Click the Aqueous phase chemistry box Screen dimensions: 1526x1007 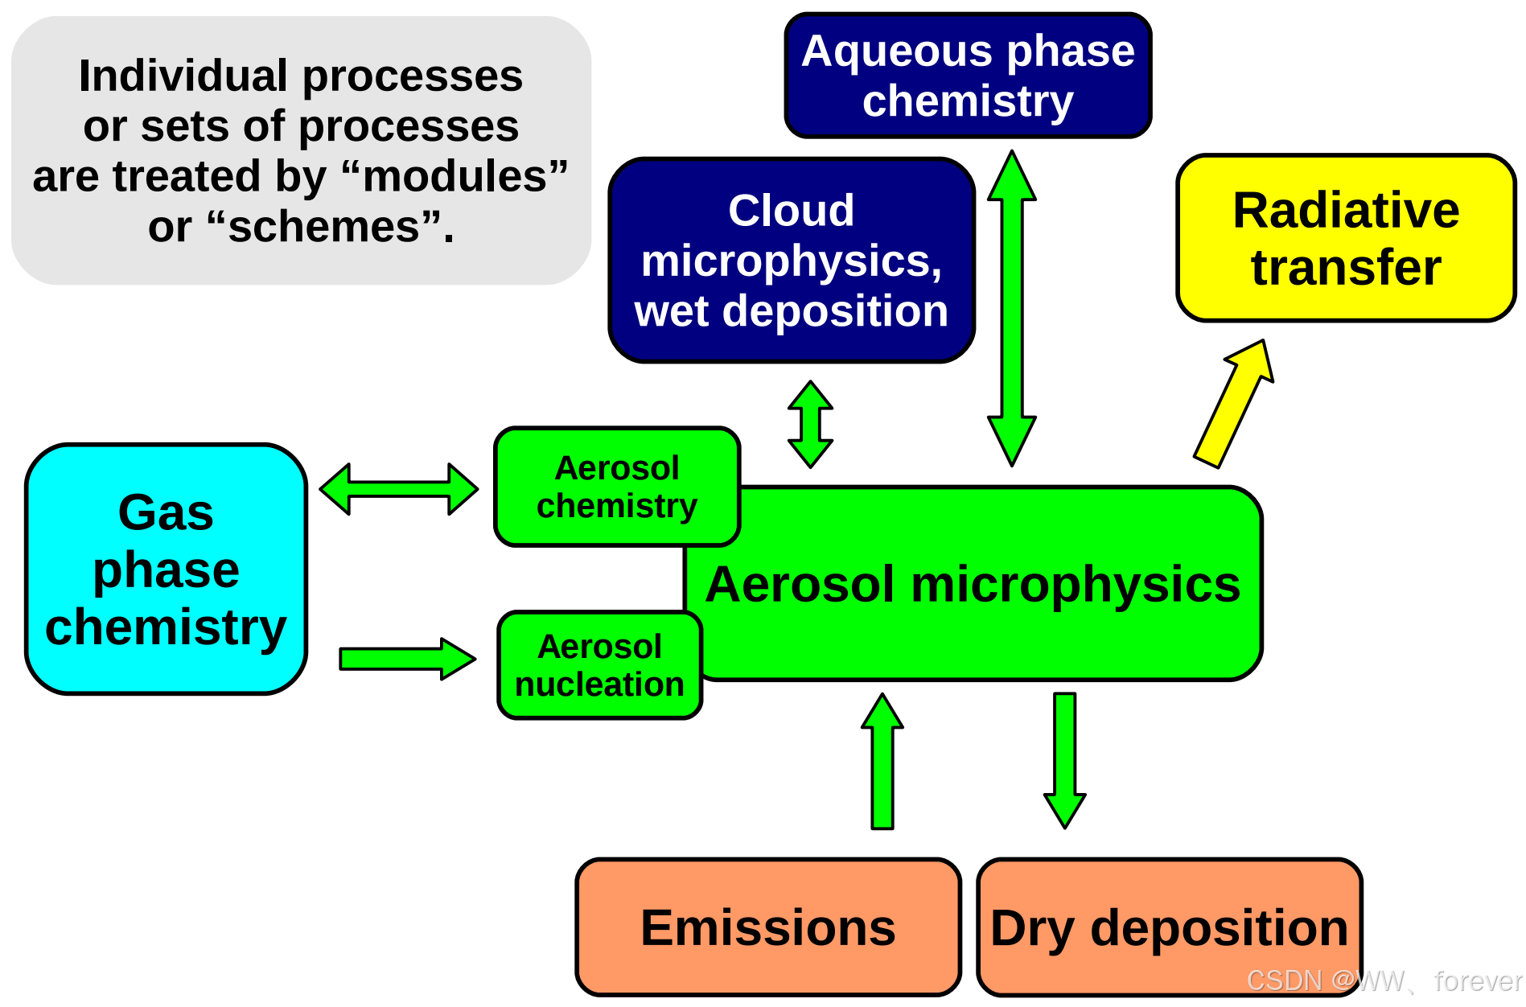968,76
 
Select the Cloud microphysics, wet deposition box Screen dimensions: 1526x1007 792,260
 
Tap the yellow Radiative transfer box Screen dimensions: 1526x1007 1346,238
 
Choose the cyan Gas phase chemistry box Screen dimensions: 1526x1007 166,569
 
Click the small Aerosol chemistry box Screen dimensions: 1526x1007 617,487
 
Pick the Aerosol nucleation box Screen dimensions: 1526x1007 600,665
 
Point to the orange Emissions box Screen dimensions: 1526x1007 768,927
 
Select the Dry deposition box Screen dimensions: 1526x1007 1169,927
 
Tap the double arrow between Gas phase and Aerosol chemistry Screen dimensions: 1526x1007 399,489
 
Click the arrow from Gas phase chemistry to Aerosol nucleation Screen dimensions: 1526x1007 407,659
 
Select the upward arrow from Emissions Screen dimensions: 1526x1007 882,761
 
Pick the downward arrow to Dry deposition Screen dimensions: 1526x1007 1065,761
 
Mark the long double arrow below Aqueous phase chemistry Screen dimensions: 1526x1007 1012,308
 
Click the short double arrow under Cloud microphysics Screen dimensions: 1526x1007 810,424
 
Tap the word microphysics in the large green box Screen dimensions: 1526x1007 1076,585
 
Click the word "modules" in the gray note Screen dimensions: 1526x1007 455,176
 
